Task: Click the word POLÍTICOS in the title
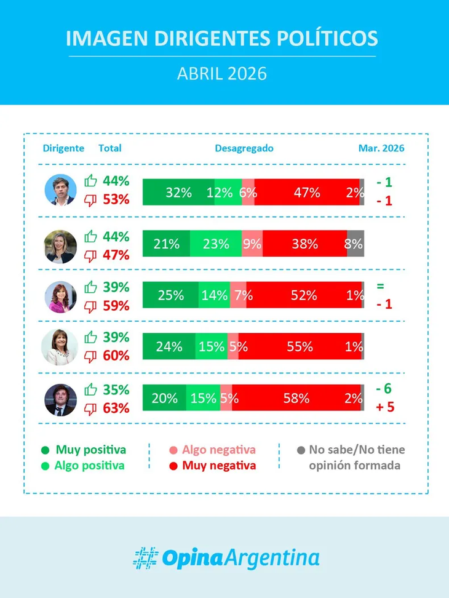click(x=327, y=38)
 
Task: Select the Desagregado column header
click(x=244, y=148)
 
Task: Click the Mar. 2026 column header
click(x=381, y=148)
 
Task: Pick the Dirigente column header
click(x=63, y=148)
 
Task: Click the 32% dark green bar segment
click(x=178, y=193)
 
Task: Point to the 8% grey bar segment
click(x=355, y=244)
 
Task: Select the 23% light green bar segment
click(x=216, y=244)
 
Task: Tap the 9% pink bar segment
click(x=252, y=244)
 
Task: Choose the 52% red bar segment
click(x=304, y=295)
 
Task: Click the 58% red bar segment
click(x=296, y=398)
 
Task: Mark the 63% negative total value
click(x=116, y=408)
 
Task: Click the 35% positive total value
click(x=116, y=389)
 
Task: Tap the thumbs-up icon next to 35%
click(x=91, y=389)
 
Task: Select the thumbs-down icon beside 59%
click(x=91, y=306)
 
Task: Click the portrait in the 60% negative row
click(x=60, y=346)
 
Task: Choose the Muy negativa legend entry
click(x=218, y=466)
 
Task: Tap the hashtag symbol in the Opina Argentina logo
click(x=146, y=557)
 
